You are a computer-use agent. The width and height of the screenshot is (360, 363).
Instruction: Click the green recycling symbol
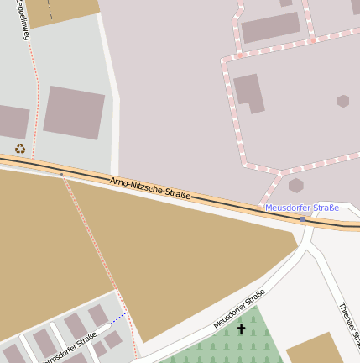[20, 149]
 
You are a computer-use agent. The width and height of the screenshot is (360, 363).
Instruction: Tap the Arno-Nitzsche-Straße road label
[150, 188]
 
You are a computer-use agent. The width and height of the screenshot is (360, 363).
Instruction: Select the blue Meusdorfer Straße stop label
[302, 208]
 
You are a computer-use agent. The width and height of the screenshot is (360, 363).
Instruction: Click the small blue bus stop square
[302, 218]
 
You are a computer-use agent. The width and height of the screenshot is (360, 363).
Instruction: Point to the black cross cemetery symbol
[242, 329]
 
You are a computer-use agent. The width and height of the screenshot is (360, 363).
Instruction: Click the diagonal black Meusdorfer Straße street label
[239, 308]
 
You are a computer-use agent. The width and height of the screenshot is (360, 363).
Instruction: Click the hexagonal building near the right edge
[343, 101]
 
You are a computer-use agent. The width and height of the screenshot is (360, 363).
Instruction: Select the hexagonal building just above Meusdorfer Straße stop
[295, 185]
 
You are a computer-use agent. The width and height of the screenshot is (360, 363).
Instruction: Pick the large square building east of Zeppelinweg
[74, 112]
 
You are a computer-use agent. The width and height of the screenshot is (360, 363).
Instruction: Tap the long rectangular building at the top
[270, 28]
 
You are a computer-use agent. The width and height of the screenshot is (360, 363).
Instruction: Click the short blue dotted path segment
[117, 318]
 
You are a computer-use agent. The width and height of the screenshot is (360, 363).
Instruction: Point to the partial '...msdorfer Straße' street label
[71, 347]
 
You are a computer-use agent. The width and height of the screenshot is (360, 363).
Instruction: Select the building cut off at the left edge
[13, 122]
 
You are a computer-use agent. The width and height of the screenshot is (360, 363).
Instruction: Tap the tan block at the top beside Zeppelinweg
[62, 12]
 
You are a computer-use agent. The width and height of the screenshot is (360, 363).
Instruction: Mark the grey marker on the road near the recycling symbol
[61, 174]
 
